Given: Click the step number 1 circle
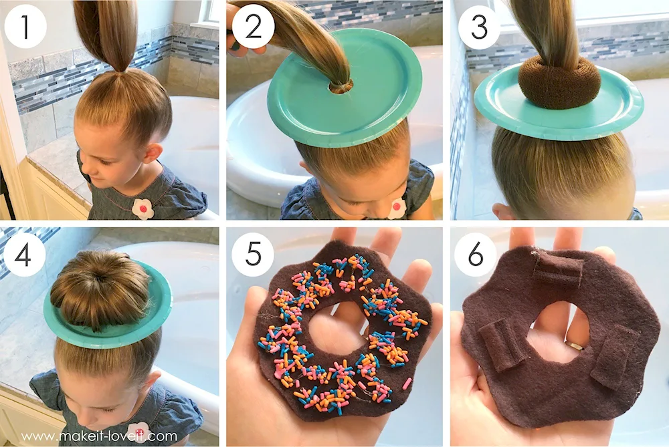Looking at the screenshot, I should click(25, 27).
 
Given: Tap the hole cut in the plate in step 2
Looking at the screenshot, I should click(341, 87).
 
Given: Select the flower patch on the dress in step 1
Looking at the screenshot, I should click(142, 208).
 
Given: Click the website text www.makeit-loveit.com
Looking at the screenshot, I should click(98, 436).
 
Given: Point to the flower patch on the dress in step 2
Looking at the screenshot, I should click(397, 208).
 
